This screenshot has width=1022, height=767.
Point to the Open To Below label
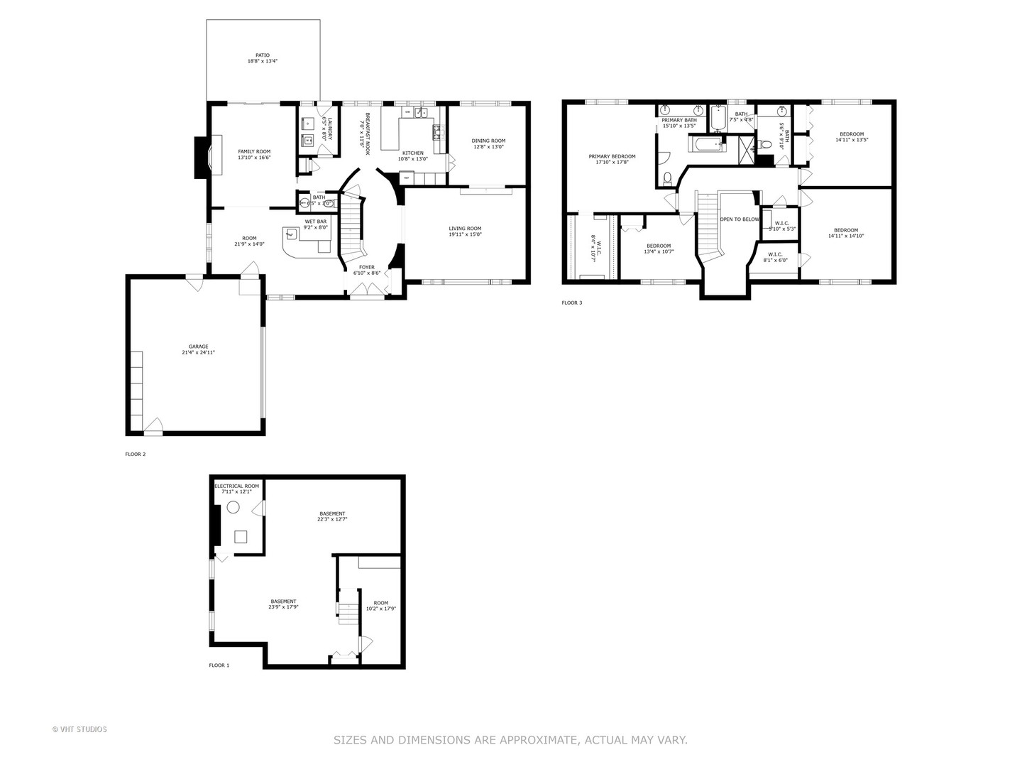pos(740,219)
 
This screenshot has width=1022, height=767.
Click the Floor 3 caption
pos(571,303)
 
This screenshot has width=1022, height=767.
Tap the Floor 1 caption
pos(219,665)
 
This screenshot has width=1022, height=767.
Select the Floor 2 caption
pos(135,454)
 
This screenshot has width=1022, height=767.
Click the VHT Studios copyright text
pos(79,729)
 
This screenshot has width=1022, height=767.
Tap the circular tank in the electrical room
pos(233,508)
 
